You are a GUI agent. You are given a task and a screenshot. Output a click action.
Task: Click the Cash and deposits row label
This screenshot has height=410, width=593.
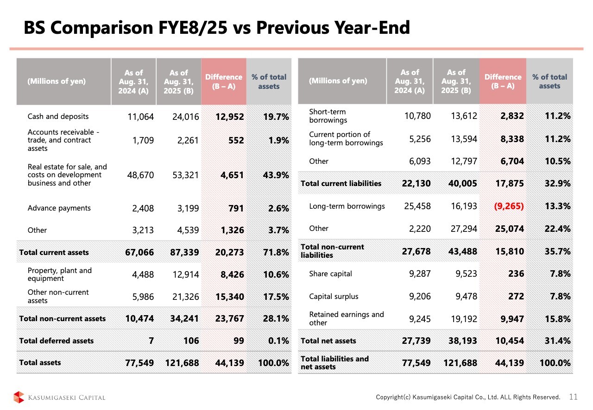tap(58, 117)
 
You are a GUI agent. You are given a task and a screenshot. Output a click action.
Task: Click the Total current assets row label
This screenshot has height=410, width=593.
tap(54, 252)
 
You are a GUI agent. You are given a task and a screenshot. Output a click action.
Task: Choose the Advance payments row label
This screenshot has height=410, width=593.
tap(59, 208)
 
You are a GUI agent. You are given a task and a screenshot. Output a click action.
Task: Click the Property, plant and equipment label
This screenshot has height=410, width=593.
tap(60, 274)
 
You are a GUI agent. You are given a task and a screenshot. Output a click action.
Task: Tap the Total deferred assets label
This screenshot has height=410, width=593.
tap(56, 341)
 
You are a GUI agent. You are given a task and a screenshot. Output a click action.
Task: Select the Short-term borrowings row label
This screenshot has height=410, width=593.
tap(328, 116)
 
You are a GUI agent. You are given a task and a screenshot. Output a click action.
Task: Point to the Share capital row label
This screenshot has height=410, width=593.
tap(330, 274)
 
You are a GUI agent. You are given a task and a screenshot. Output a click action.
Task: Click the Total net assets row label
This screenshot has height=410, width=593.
tap(328, 341)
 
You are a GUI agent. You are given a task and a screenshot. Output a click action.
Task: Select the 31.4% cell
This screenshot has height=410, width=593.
tap(558, 341)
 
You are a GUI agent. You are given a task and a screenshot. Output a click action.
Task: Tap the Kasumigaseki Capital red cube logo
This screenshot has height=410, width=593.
tap(19, 398)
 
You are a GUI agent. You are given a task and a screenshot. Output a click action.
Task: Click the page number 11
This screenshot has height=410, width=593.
tap(573, 397)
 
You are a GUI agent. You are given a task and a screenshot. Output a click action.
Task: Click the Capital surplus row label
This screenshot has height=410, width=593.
tap(334, 297)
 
